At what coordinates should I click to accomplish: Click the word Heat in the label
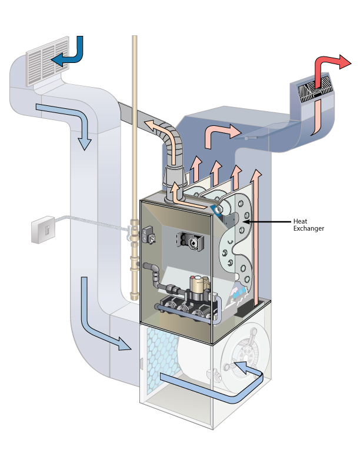point(300,221)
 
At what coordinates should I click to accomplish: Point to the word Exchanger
point(309,228)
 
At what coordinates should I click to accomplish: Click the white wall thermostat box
point(42,230)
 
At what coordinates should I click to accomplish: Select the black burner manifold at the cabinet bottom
point(182,309)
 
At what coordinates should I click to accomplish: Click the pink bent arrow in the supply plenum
point(220,136)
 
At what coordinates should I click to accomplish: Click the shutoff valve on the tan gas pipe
point(133,234)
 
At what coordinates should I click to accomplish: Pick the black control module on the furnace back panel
point(190,240)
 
